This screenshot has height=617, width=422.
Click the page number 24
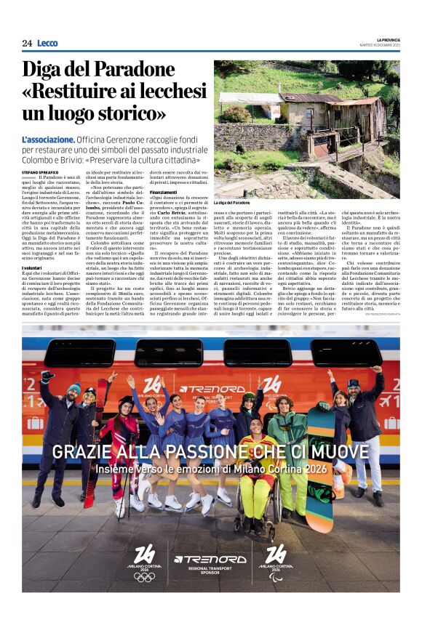click(x=27, y=43)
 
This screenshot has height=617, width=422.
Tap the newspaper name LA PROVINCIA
click(x=384, y=39)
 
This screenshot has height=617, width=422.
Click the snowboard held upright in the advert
click(x=319, y=465)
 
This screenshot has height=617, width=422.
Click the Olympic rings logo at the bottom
click(x=144, y=576)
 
